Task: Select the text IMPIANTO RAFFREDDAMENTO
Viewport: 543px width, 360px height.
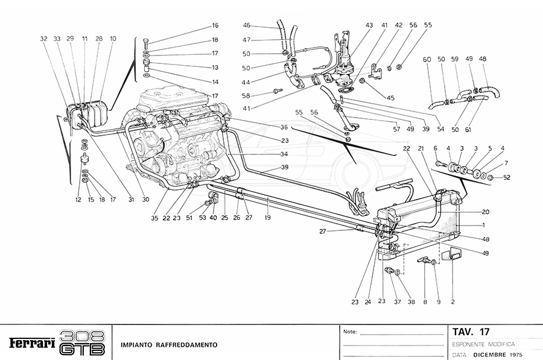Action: click(168, 345)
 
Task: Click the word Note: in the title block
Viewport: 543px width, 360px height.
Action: click(350, 332)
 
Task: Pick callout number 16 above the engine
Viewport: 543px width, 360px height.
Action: click(215, 26)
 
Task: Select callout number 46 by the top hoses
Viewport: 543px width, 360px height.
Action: click(247, 25)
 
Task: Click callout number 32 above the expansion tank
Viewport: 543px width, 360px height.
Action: click(43, 38)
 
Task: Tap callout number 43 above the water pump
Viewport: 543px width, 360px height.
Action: click(369, 25)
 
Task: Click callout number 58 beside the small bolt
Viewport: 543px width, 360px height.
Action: click(264, 96)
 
